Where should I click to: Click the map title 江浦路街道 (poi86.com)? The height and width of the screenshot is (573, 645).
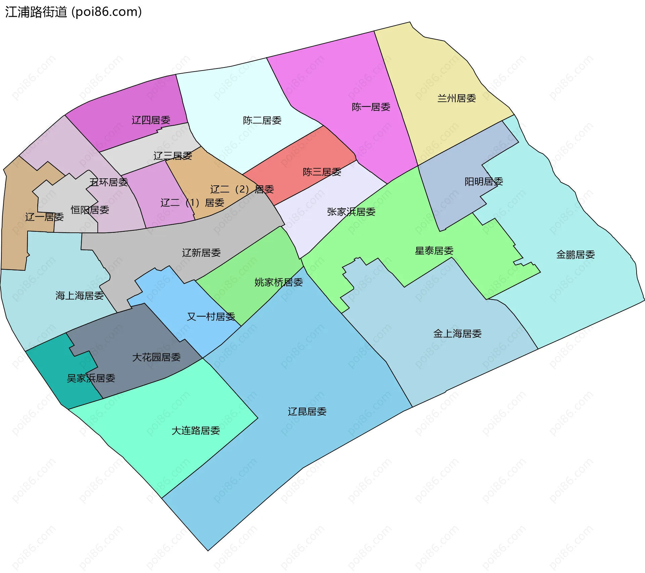coord(73,12)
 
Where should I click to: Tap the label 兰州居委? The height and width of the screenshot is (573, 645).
coord(457,98)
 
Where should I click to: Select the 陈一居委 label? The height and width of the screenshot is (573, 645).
coord(371,107)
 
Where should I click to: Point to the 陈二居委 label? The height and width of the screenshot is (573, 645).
coord(262,121)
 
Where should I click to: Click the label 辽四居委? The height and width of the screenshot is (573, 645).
coord(151,120)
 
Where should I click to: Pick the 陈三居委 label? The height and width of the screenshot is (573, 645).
coord(322,172)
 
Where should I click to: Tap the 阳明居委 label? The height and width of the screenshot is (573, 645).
coord(483,182)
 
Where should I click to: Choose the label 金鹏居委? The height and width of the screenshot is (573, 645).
coord(575,255)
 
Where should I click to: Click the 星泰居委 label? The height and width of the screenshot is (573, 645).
coord(434,251)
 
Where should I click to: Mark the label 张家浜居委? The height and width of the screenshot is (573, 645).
coord(351,212)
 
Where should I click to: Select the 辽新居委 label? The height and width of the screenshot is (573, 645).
coord(201,253)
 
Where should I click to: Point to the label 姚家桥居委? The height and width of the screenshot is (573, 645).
coord(278,282)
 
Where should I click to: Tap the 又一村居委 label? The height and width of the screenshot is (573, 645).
coord(211,317)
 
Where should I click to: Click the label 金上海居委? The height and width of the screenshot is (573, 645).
coord(457,334)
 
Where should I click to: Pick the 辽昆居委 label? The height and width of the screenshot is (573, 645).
coord(307,412)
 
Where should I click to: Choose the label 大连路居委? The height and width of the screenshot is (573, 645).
coord(196,431)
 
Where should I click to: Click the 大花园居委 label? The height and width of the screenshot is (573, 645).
coord(156,357)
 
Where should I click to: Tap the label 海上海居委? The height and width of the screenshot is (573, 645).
coord(79,296)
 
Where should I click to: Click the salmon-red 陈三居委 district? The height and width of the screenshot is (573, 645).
coord(302,158)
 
